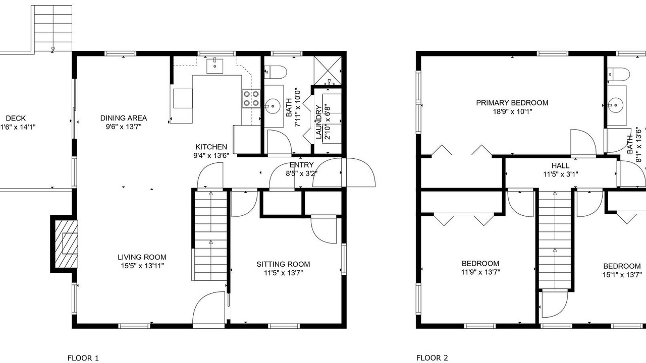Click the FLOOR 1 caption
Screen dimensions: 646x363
point(83,358)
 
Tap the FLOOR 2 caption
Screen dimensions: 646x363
point(432,358)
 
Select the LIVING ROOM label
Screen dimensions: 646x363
point(142,257)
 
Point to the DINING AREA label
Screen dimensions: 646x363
point(124,118)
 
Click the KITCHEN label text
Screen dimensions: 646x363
point(211,147)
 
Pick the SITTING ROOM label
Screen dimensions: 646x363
point(283,264)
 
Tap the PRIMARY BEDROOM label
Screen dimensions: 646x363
point(512,103)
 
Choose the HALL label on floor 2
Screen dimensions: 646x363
point(560,166)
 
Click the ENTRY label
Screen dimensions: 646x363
point(301,165)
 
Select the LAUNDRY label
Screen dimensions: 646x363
point(318,122)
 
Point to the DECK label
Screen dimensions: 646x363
point(16,118)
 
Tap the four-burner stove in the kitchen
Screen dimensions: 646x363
point(251,98)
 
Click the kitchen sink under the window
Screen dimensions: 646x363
point(215,66)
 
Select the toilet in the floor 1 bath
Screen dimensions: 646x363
point(276,72)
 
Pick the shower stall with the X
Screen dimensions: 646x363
point(328,71)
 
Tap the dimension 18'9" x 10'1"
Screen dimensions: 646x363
point(512,111)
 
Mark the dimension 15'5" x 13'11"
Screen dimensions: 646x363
point(142,266)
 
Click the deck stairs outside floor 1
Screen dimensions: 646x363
point(53,28)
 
